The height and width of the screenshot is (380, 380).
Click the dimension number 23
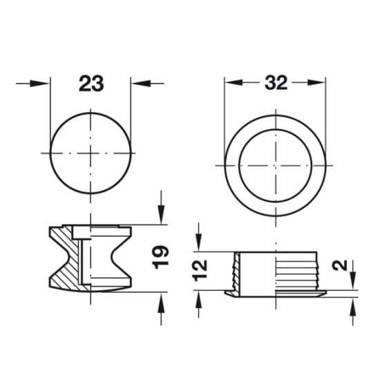pyautogui.click(x=91, y=84)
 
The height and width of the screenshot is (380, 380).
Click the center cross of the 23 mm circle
pyautogui.click(x=90, y=151)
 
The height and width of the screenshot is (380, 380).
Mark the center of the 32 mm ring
pyautogui.click(x=275, y=167)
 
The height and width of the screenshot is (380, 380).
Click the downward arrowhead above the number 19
pyautogui.click(x=160, y=217)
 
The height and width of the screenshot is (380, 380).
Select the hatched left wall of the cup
pyautogui.click(x=236, y=272)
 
